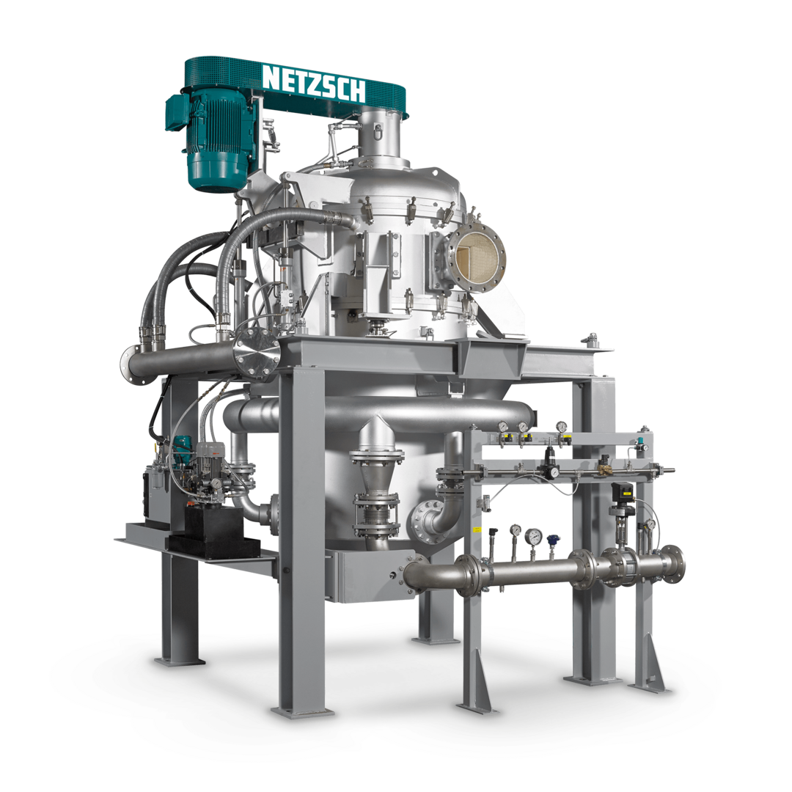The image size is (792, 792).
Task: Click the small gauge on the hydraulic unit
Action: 216,483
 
